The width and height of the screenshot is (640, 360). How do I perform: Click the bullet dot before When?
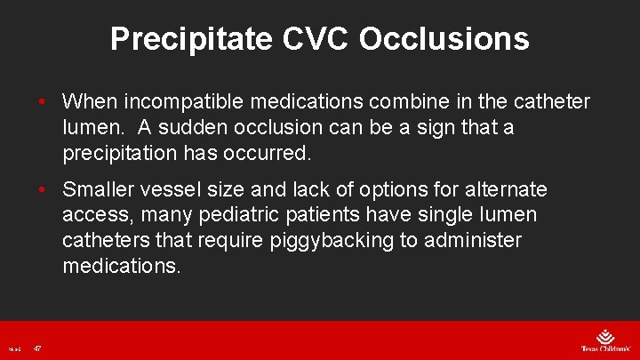pos(41,102)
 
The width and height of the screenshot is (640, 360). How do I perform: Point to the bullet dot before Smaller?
pos(41,190)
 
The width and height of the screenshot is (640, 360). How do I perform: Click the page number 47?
pos(37,348)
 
